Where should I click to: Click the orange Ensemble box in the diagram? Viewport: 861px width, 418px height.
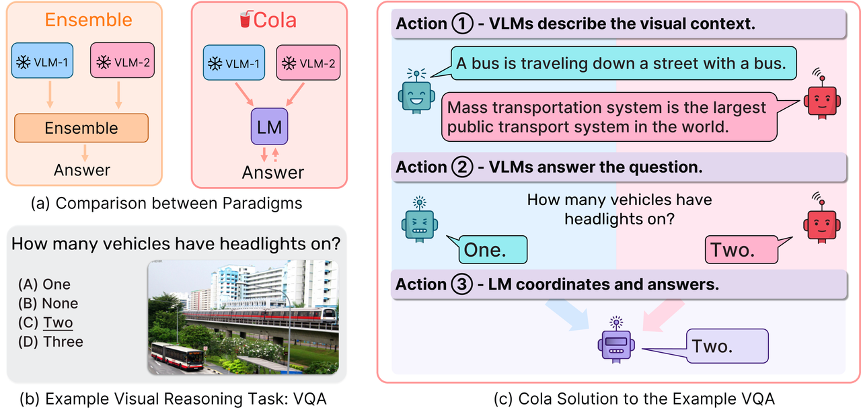(x=81, y=128)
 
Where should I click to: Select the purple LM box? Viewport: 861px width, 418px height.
(x=268, y=127)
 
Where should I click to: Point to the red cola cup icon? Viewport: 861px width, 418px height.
(x=245, y=20)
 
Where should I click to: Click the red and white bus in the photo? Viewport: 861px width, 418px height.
(x=176, y=356)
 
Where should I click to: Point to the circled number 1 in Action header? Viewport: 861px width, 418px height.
(x=463, y=24)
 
